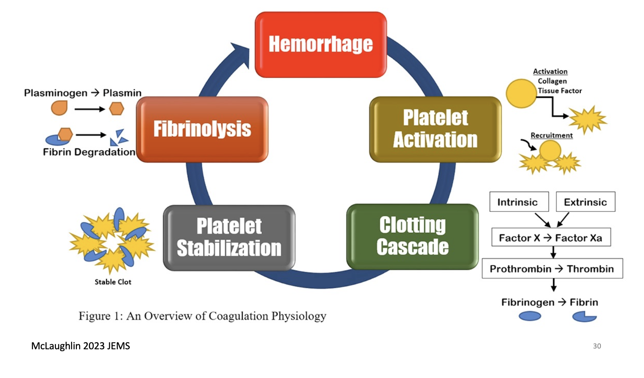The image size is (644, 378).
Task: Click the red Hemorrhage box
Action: pyautogui.click(x=320, y=44)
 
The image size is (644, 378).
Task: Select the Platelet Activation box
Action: pyautogui.click(x=435, y=129)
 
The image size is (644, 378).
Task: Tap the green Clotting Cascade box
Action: pyautogui.click(x=412, y=236)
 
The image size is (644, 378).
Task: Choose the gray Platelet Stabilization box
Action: pyautogui.click(x=229, y=238)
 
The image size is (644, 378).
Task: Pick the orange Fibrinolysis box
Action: pyautogui.click(x=202, y=129)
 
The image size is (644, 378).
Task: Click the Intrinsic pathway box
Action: pyautogui.click(x=519, y=202)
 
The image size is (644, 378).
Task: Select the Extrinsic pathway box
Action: pyautogui.click(x=585, y=202)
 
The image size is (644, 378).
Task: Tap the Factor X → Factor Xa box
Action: pyautogui.click(x=551, y=238)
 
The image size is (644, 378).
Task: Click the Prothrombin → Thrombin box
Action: pyautogui.click(x=552, y=269)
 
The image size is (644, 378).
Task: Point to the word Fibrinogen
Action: pyautogui.click(x=527, y=302)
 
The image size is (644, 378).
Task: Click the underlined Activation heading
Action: pyautogui.click(x=550, y=71)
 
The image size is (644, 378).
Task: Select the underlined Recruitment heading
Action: pyautogui.click(x=552, y=135)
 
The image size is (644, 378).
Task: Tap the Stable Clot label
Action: pyautogui.click(x=113, y=282)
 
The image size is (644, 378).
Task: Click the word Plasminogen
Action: pyautogui.click(x=56, y=93)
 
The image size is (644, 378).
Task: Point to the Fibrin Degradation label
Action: pyautogui.click(x=89, y=152)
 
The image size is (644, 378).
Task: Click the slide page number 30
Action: pyautogui.click(x=597, y=346)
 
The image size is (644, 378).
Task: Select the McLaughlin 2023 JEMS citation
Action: pyautogui.click(x=80, y=346)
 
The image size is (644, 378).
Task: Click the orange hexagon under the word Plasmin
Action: pyautogui.click(x=117, y=109)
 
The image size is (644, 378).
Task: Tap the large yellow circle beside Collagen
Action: pyautogui.click(x=521, y=94)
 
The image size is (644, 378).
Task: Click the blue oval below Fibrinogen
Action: pyautogui.click(x=530, y=316)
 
